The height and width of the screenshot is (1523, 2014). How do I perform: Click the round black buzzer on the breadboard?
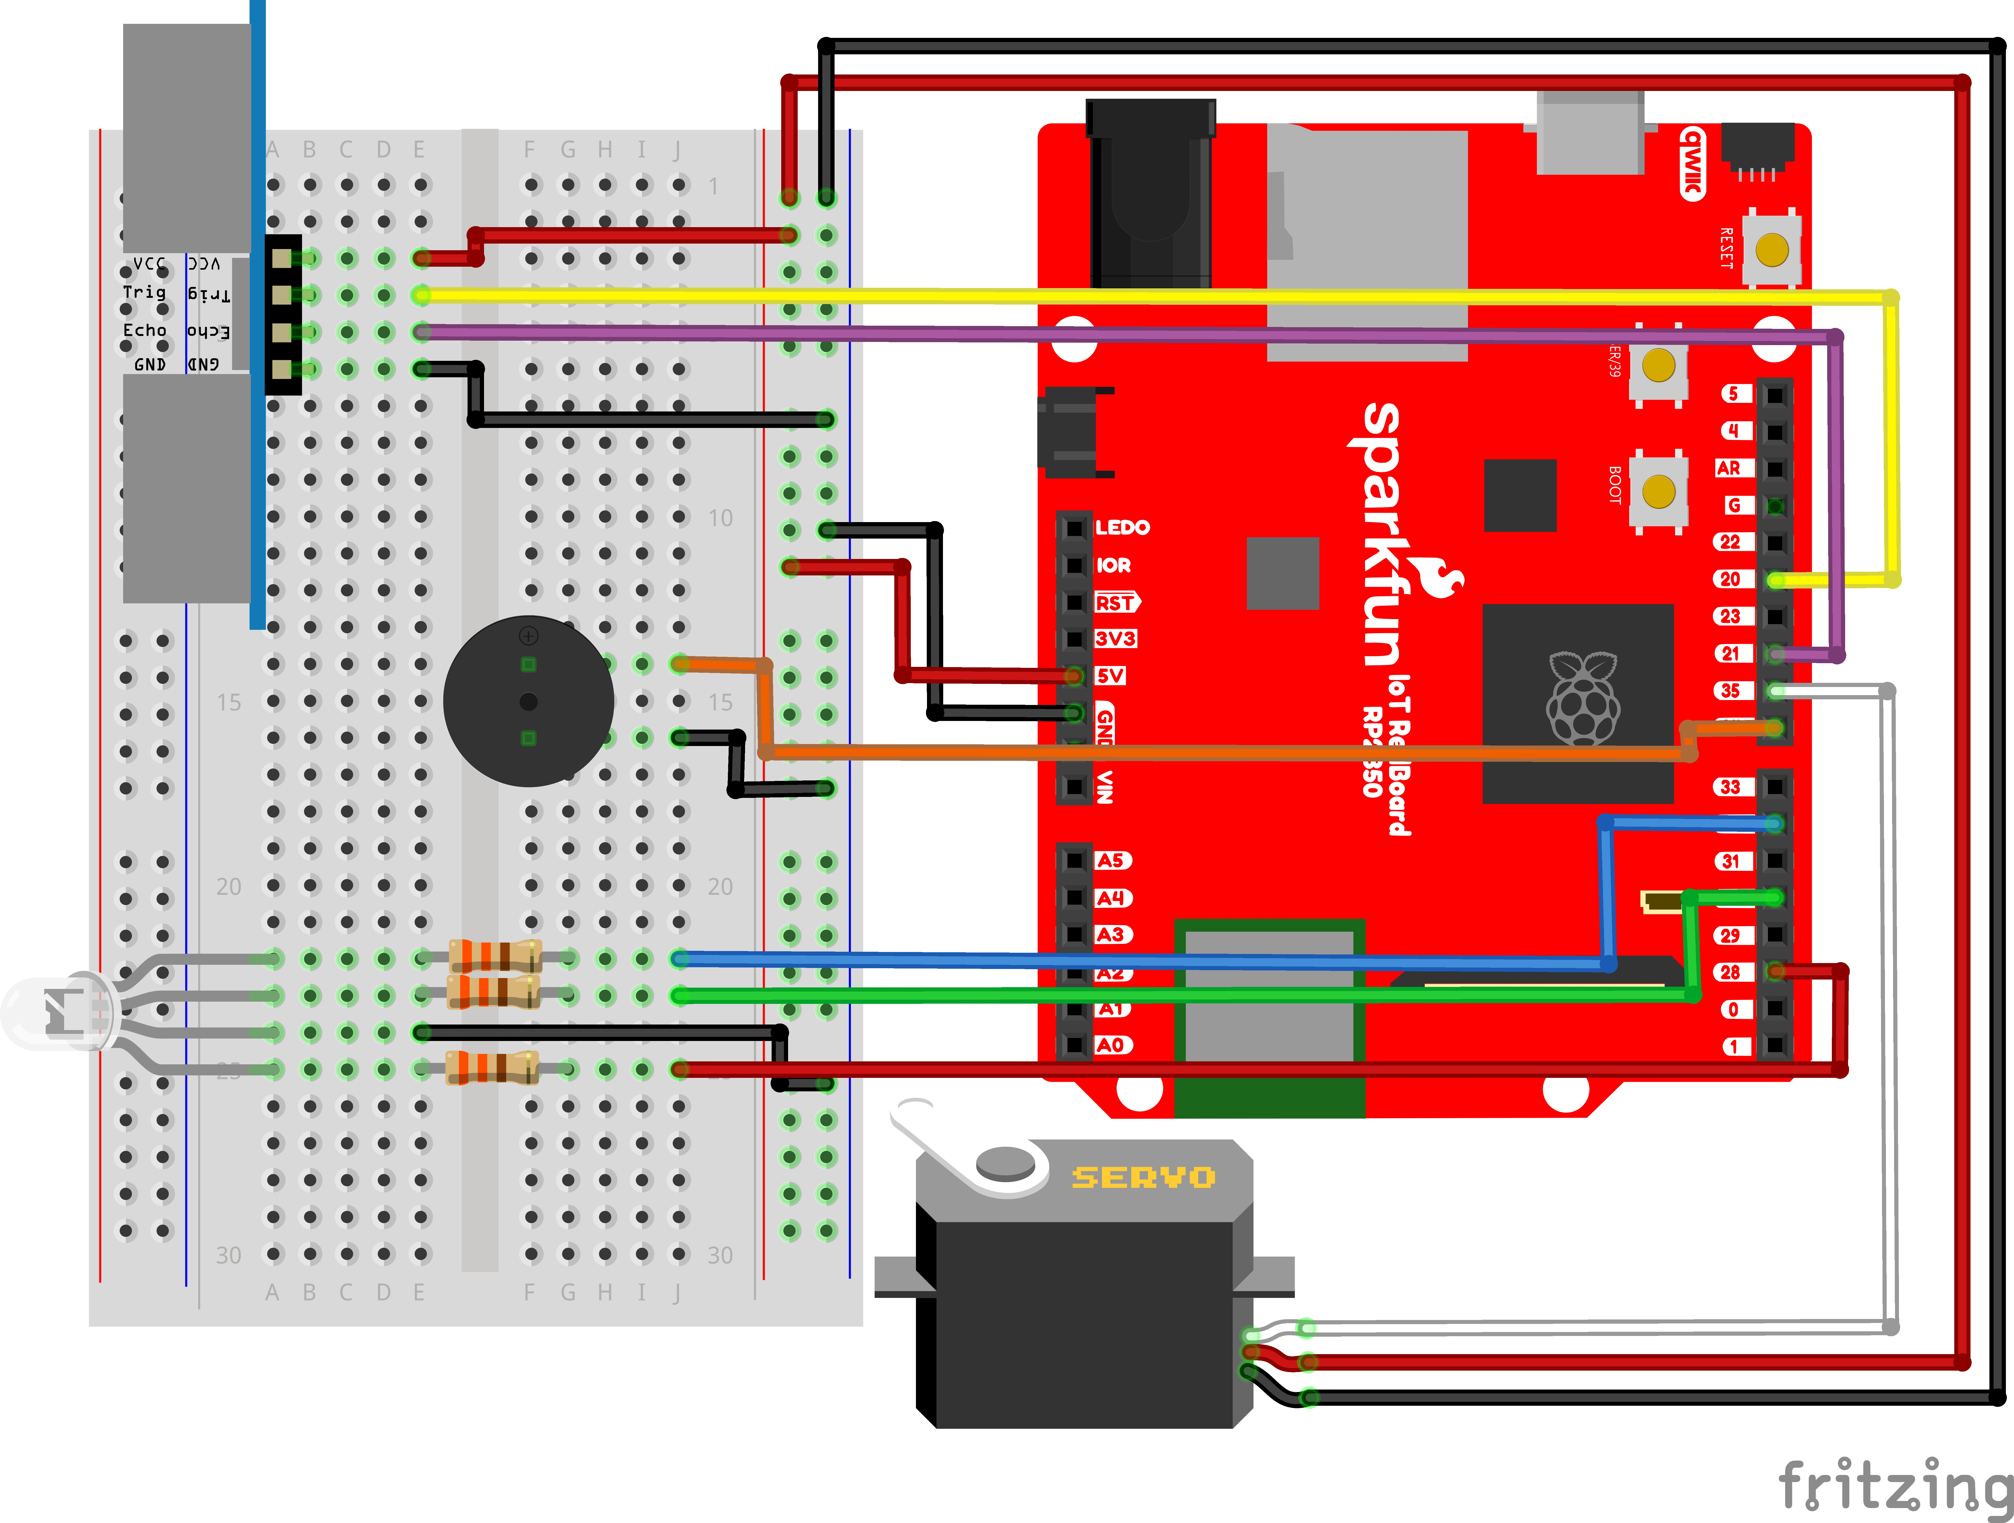[528, 701]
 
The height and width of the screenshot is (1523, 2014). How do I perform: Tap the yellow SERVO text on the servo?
[1143, 1177]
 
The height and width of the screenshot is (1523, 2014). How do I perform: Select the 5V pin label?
[1110, 675]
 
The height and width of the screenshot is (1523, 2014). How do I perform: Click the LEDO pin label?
[1122, 527]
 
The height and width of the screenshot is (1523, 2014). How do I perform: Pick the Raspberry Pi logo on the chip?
[1582, 699]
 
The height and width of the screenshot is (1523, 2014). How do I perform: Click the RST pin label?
[1115, 603]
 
